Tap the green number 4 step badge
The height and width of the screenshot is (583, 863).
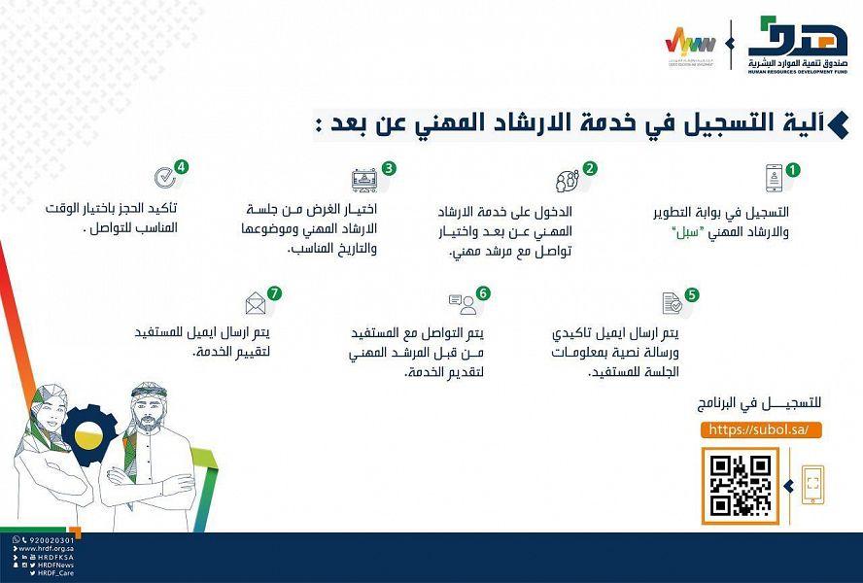(x=182, y=166)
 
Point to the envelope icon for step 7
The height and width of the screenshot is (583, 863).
(x=257, y=303)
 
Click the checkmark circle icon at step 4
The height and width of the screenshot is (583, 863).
(x=164, y=177)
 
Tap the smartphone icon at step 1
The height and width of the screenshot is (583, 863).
(x=775, y=178)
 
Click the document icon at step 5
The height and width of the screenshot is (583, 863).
(x=672, y=303)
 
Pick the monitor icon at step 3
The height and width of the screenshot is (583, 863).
(x=365, y=180)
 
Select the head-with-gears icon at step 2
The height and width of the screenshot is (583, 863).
(x=566, y=181)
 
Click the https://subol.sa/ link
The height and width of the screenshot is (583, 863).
(x=752, y=429)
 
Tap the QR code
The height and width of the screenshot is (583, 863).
(x=740, y=485)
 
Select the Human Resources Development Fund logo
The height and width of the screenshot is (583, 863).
(x=797, y=45)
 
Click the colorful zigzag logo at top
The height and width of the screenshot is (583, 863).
(x=691, y=45)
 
